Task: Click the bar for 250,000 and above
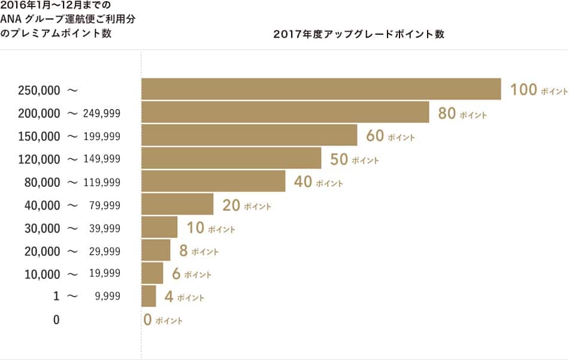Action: pyautogui.click(x=321, y=89)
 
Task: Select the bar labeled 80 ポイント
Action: pyautogui.click(x=285, y=113)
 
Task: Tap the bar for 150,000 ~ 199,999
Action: pyautogui.click(x=249, y=135)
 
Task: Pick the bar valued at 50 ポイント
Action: pyautogui.click(x=231, y=159)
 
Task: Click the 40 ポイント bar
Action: pyautogui.click(x=213, y=181)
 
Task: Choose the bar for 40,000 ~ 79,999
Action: pyautogui.click(x=177, y=205)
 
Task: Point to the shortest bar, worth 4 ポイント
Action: pyautogui.click(x=149, y=297)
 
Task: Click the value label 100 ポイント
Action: pyautogui.click(x=538, y=90)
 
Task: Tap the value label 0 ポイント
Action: pyautogui.click(x=163, y=320)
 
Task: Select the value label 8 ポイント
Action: pyautogui.click(x=199, y=251)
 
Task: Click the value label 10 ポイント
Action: pyautogui.click(x=210, y=228)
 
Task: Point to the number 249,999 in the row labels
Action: pyautogui.click(x=102, y=113)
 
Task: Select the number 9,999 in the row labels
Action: pyautogui.click(x=107, y=297)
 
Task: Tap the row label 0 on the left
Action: pyautogui.click(x=56, y=320)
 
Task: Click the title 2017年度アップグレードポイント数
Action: pyautogui.click(x=358, y=34)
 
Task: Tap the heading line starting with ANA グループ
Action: pyautogui.click(x=68, y=20)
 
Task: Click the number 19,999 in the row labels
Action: pyautogui.click(x=105, y=274)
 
